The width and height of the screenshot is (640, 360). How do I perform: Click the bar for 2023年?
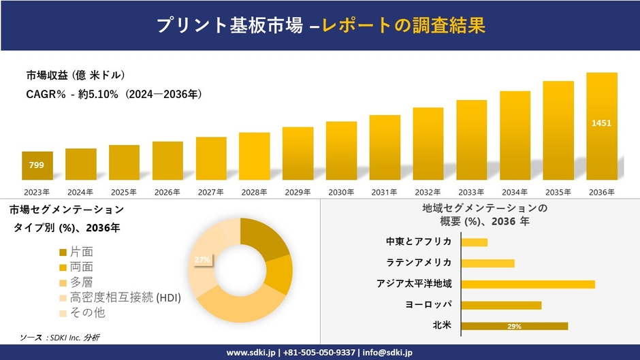pyautogui.click(x=37, y=165)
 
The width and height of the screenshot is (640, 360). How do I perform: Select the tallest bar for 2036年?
pyautogui.click(x=602, y=126)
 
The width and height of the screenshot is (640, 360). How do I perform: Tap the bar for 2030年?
pyautogui.click(x=341, y=150)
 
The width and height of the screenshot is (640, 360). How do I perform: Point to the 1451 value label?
pyautogui.click(x=602, y=123)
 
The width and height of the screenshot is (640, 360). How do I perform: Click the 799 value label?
pyautogui.click(x=37, y=165)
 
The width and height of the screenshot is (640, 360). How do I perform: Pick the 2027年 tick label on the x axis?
pyautogui.click(x=211, y=192)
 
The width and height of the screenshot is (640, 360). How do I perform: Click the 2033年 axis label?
pyautogui.click(x=472, y=192)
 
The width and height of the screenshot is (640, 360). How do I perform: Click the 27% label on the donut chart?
pyautogui.click(x=202, y=259)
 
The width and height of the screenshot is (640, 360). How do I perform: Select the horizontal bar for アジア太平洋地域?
pyautogui.click(x=528, y=284)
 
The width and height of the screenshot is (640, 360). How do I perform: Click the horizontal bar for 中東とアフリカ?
pyautogui.click(x=475, y=242)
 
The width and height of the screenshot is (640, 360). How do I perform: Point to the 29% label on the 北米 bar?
pyautogui.click(x=515, y=327)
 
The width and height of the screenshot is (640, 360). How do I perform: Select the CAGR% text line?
pyautogui.click(x=114, y=94)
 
